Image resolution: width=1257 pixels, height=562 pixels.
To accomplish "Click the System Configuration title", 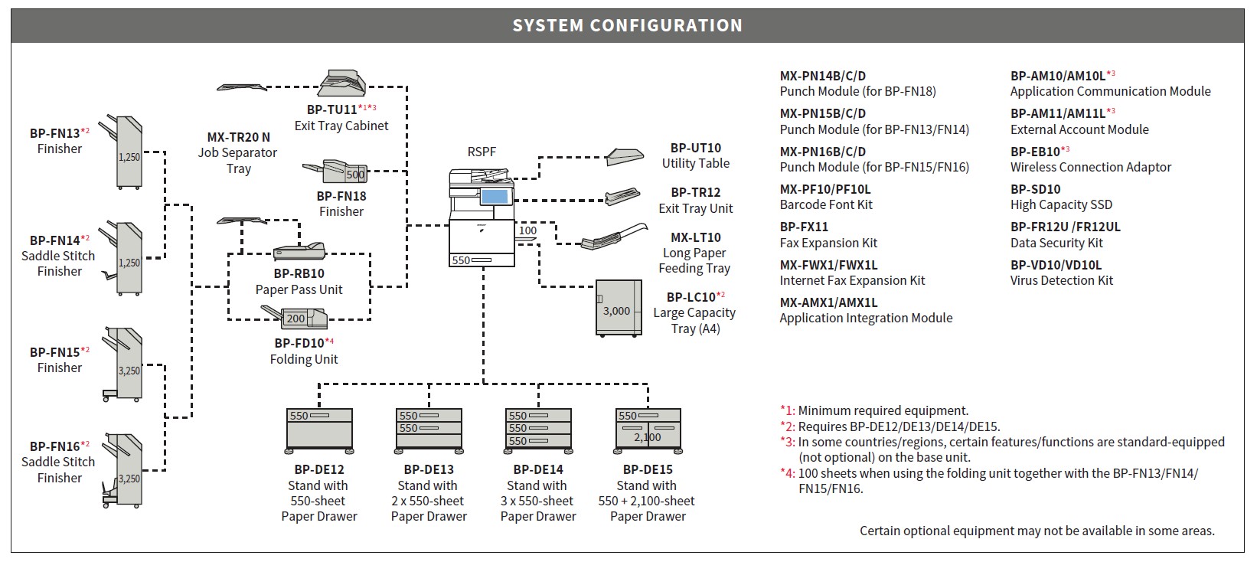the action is tap(628, 25).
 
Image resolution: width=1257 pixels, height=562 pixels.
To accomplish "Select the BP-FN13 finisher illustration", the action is tap(122, 152).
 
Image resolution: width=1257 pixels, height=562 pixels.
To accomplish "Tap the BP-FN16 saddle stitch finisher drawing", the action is tap(123, 470).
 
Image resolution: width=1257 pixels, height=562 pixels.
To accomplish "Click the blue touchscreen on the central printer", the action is tap(495, 197).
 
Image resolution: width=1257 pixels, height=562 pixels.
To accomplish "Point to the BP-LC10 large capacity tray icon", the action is tap(619, 308).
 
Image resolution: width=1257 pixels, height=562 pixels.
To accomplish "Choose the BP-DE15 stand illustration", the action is tap(648, 431).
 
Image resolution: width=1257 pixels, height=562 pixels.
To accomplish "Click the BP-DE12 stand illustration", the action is tap(319, 431).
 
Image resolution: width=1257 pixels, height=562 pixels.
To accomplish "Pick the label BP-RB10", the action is tap(299, 273).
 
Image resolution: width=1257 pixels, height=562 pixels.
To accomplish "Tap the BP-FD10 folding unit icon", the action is tap(295, 317).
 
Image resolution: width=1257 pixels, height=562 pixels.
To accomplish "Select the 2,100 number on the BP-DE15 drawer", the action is tap(648, 437).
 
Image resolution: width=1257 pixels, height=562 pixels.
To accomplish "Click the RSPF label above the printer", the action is tap(482, 152).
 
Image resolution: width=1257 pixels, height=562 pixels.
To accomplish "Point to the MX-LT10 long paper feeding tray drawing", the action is tap(614, 237).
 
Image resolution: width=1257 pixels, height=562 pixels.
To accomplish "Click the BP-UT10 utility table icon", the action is tap(624, 157).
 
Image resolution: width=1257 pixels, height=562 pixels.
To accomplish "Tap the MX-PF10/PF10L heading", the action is tap(825, 189).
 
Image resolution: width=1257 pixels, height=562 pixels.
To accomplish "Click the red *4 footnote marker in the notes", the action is tap(787, 473).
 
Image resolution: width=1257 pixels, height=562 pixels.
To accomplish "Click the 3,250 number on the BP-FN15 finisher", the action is tap(129, 371).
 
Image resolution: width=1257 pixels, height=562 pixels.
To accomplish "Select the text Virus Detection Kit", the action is tap(1062, 281).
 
